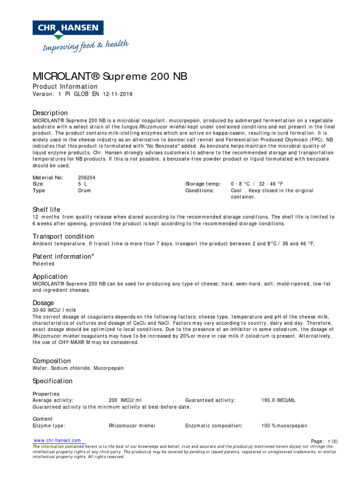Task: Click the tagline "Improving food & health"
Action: click(x=85, y=46)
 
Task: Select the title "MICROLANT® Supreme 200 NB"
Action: click(x=110, y=76)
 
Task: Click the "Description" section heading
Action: click(x=50, y=113)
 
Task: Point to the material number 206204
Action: click(x=87, y=178)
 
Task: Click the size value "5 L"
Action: click(x=82, y=184)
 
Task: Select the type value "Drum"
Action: click(x=84, y=191)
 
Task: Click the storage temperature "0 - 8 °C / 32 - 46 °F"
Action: click(x=257, y=184)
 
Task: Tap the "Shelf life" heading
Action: click(x=46, y=210)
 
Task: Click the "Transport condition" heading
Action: click(x=63, y=236)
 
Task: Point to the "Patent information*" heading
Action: click(x=63, y=256)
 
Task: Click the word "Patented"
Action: click(x=43, y=264)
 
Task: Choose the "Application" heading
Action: click(x=50, y=277)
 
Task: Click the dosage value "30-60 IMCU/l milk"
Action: click(x=54, y=310)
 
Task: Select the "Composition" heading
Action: click(x=52, y=361)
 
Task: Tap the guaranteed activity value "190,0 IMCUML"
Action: click(x=278, y=400)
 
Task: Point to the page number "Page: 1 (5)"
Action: click(x=324, y=441)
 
